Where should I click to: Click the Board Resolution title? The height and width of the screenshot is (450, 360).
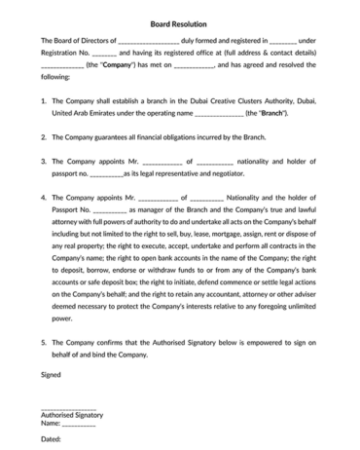point(179,23)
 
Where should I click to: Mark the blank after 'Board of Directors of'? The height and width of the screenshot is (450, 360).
point(147,40)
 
